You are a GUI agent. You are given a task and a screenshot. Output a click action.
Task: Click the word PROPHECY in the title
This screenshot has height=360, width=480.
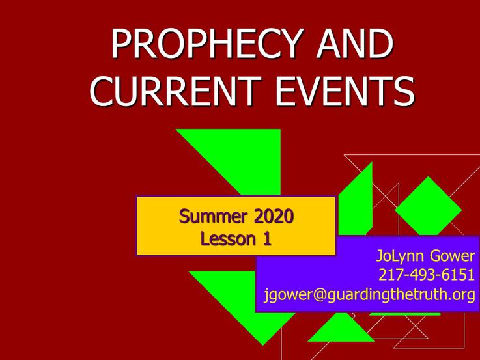[208, 44]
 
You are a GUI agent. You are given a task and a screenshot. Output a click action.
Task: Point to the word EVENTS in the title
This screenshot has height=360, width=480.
[345, 91]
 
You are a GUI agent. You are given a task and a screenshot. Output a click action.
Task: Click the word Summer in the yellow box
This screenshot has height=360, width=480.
[213, 216]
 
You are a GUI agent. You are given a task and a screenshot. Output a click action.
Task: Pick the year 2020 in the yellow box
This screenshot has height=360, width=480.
[274, 216]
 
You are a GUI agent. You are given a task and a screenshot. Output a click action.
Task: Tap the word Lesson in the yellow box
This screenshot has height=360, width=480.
[228, 239]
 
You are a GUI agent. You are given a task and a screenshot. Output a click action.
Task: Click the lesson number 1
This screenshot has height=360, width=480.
[267, 239]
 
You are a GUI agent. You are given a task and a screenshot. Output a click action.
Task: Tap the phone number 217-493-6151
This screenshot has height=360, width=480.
[427, 274]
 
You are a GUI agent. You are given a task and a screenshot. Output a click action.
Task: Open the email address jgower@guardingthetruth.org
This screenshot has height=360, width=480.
[369, 295]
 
